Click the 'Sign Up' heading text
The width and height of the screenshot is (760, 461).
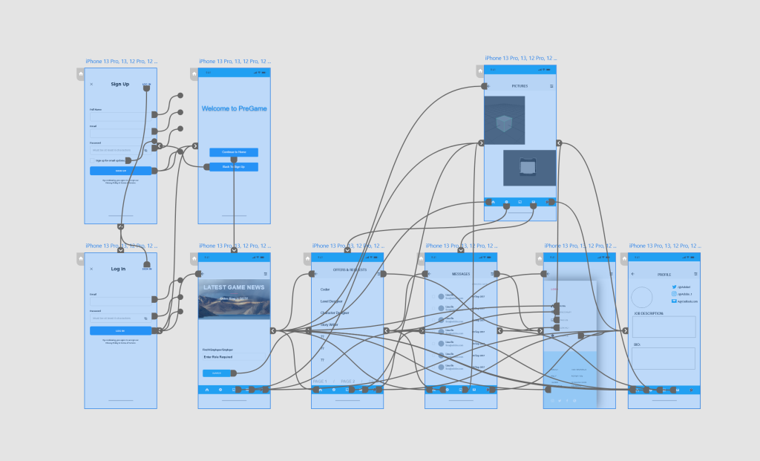click(120, 84)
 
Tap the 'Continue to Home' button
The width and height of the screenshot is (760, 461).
click(233, 152)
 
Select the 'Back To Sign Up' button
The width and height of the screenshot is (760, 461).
click(233, 167)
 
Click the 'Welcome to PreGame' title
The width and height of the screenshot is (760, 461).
click(234, 108)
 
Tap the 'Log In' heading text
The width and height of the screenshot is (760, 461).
click(118, 269)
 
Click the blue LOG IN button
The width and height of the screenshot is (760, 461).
click(120, 330)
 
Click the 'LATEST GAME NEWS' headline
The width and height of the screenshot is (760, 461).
click(234, 287)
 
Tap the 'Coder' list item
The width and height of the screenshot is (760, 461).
click(325, 290)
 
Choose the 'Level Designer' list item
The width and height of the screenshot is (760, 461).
click(332, 301)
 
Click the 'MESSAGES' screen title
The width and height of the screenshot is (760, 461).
click(461, 274)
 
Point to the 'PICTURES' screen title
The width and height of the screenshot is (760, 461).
click(520, 86)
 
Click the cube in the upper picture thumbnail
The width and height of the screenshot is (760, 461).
click(504, 123)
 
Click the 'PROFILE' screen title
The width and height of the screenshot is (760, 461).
click(664, 275)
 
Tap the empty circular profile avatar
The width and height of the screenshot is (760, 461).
click(642, 297)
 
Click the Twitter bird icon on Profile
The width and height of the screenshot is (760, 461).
click(674, 287)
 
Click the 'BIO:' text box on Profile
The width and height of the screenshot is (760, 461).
click(664, 359)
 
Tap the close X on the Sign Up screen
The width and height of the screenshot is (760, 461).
click(91, 84)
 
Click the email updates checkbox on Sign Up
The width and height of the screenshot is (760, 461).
click(92, 160)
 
